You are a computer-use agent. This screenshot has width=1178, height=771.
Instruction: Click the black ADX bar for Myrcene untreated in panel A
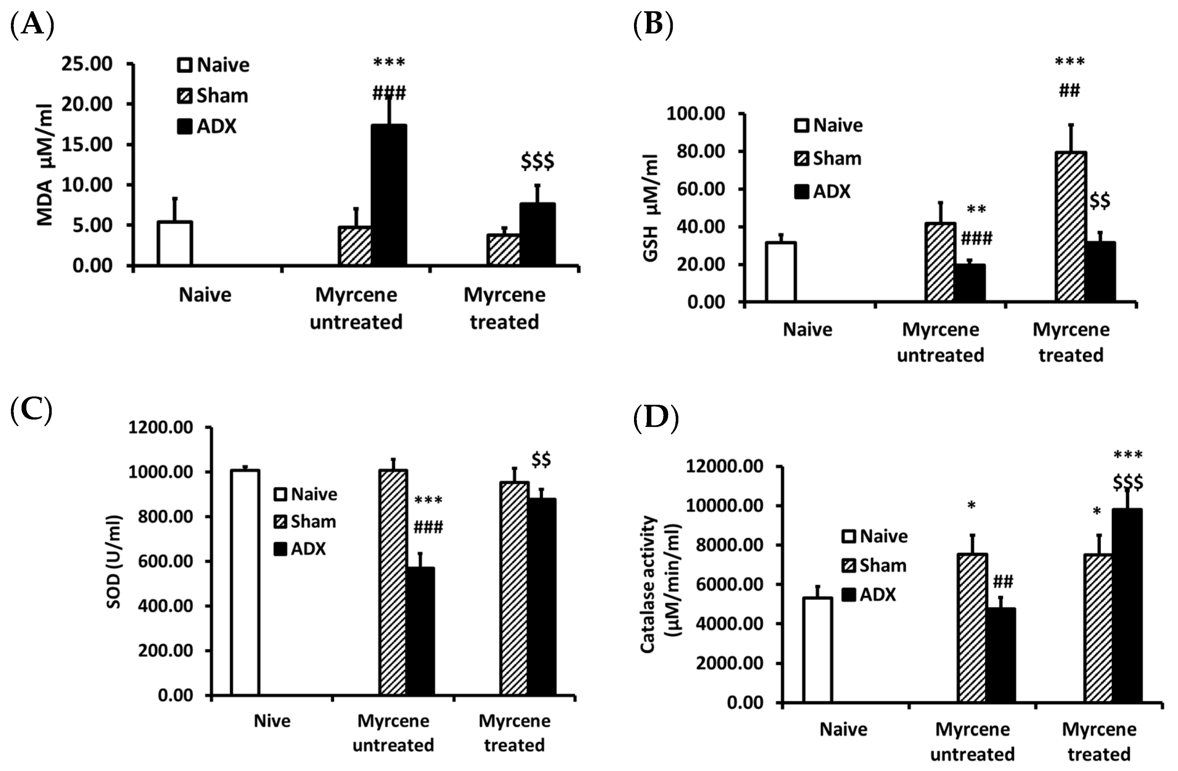pyautogui.click(x=389, y=196)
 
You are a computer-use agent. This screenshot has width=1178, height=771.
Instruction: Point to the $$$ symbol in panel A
pyautogui.click(x=537, y=162)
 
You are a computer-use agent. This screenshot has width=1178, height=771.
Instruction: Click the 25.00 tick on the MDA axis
pyautogui.click(x=87, y=64)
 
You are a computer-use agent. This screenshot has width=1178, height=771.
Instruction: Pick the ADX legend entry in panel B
pyautogui.click(x=822, y=191)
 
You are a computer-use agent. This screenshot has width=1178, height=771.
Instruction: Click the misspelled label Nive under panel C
pyautogui.click(x=272, y=721)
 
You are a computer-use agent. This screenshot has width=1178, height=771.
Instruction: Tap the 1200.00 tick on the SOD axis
pyautogui.click(x=160, y=427)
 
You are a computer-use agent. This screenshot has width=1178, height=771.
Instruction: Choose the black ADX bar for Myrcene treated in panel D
pyautogui.click(x=1127, y=606)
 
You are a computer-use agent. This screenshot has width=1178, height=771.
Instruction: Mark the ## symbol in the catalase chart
pyautogui.click(x=1003, y=581)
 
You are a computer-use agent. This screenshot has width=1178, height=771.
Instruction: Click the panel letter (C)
pyautogui.click(x=31, y=411)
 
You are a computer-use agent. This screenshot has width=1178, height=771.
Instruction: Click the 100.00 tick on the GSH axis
pyautogui.click(x=696, y=114)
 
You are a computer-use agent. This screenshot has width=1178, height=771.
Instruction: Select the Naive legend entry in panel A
pyautogui.click(x=213, y=65)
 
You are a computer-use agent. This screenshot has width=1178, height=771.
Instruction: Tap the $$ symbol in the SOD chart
pyautogui.click(x=541, y=460)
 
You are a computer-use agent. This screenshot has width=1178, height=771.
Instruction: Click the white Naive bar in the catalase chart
pyautogui.click(x=817, y=650)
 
